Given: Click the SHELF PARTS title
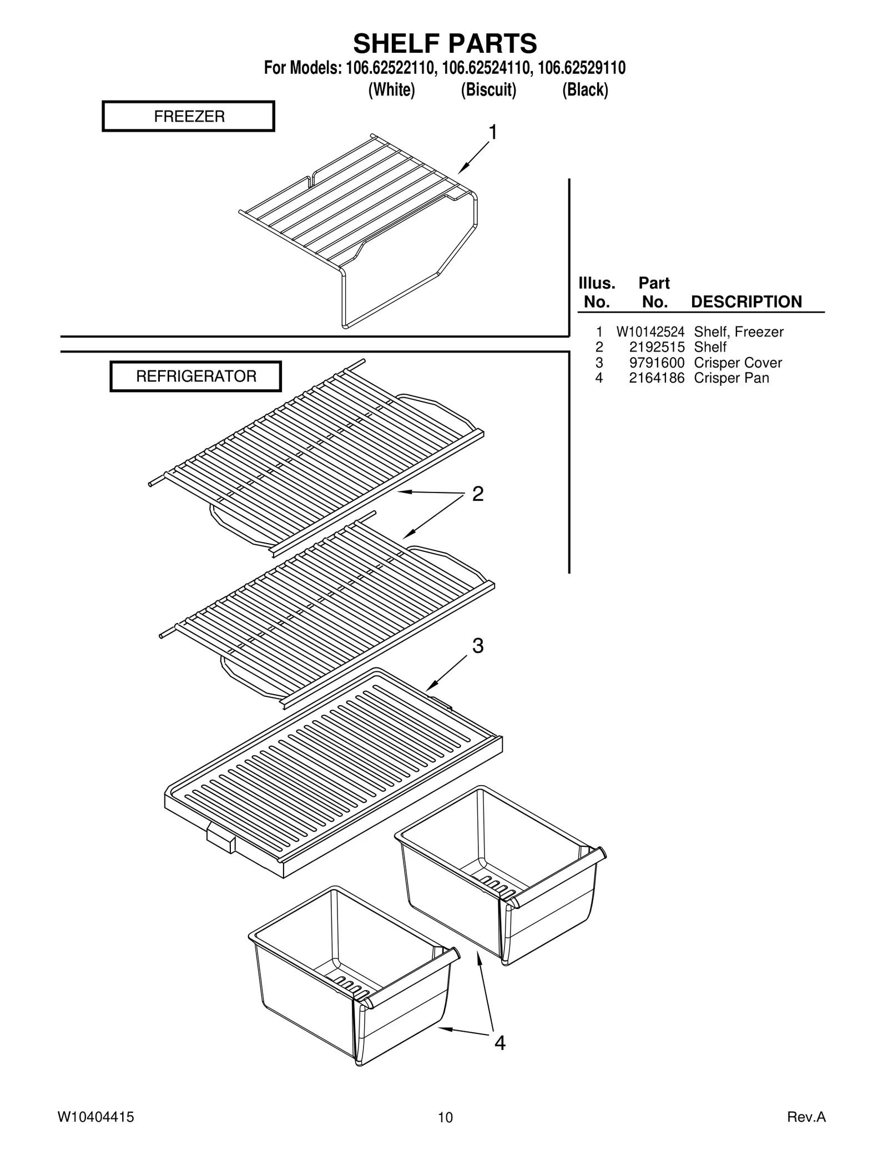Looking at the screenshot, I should pyautogui.click(x=445, y=43).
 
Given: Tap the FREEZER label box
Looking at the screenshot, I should pyautogui.click(x=189, y=116).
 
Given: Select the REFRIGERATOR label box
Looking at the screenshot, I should pyautogui.click(x=196, y=376).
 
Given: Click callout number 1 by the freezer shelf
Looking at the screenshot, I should pyautogui.click(x=492, y=133).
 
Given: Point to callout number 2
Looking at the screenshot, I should pyautogui.click(x=477, y=494).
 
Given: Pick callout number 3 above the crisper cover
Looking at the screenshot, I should pyautogui.click(x=478, y=646).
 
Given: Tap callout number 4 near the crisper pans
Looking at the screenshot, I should pyautogui.click(x=500, y=1043).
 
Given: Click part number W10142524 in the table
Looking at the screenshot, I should pyautogui.click(x=650, y=332).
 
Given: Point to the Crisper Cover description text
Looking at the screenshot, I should pyautogui.click(x=738, y=363).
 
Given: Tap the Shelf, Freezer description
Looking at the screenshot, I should pyautogui.click(x=738, y=332).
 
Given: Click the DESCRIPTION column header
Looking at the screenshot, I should pyautogui.click(x=746, y=302).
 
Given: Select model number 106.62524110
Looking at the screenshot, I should pyautogui.click(x=488, y=68).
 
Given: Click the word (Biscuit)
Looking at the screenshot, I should pyautogui.click(x=488, y=89).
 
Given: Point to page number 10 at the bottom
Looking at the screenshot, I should pyautogui.click(x=445, y=1118).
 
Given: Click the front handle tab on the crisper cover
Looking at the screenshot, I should pyautogui.click(x=221, y=840).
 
